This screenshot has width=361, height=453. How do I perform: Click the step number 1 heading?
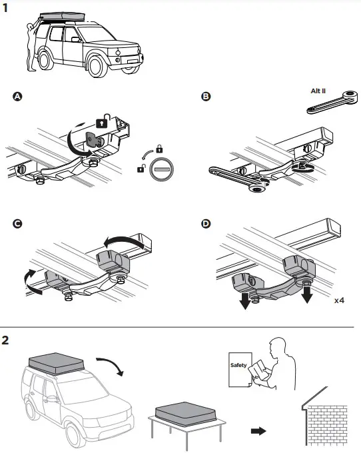(x=6, y=10)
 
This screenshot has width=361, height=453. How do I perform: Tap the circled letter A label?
(x=18, y=97)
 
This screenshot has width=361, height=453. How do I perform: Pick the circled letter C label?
(x=18, y=223)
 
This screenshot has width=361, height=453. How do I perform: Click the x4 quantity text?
(x=340, y=300)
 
